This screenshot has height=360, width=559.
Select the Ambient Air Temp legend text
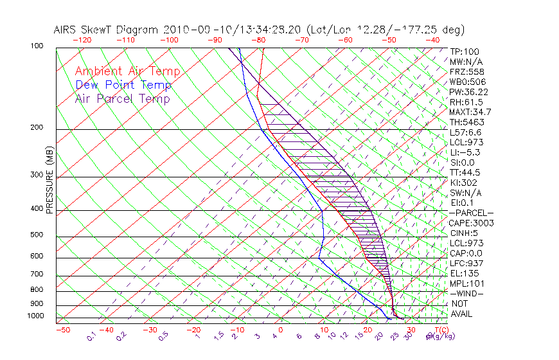[127, 71]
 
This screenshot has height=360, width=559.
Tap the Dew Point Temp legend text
[123, 85]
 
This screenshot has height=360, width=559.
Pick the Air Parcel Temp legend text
[123, 98]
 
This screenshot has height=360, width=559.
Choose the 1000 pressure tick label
[36, 316]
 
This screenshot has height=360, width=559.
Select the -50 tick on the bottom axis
[62, 330]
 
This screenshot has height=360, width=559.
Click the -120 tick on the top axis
[82, 40]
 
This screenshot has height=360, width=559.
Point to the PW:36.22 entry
[469, 92]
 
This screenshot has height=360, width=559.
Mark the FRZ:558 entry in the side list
[467, 72]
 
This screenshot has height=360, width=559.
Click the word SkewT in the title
[121, 30]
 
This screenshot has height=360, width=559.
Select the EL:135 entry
[463, 273]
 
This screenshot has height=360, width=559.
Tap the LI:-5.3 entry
[465, 152]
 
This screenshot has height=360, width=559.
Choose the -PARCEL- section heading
[471, 213]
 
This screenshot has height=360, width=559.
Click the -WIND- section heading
[467, 293]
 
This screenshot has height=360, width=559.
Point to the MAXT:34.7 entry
[470, 112]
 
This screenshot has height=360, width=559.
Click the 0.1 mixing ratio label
[92, 335]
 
